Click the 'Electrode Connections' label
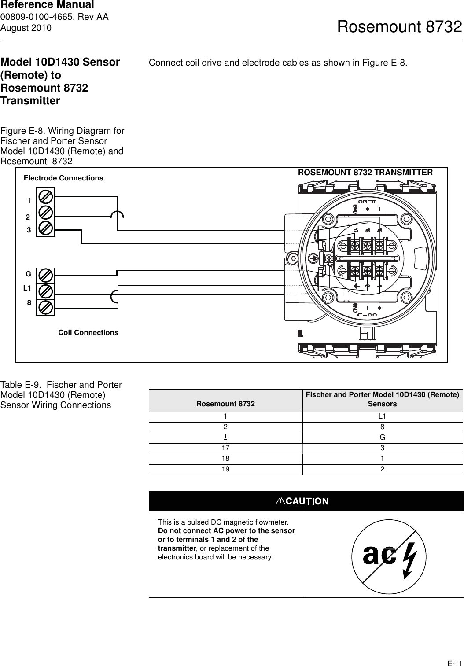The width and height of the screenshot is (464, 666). pos(63,178)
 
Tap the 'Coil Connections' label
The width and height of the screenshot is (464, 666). pos(88,332)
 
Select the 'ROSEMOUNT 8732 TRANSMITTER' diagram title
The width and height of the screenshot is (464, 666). pos(365,173)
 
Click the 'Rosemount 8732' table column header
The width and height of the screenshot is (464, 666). pos(225,404)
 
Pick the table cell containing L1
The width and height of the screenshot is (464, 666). pos(382,416)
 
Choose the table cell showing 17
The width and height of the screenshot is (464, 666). pos(225,448)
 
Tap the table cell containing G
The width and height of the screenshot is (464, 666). pos(382,438)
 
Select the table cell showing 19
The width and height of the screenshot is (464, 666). pos(225,469)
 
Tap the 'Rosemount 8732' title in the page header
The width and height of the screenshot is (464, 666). pos(399,27)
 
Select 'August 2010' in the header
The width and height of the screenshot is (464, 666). pos(26,28)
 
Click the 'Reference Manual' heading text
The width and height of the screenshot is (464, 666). pos(47,5)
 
